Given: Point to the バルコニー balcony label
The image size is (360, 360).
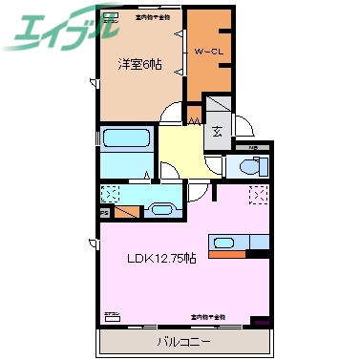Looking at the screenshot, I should [x=184, y=341].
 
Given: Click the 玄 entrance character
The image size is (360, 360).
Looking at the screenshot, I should [x=218, y=133].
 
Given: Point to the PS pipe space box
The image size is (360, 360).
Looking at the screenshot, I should [x=127, y=209].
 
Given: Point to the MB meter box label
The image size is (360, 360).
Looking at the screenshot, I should [x=253, y=148].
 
